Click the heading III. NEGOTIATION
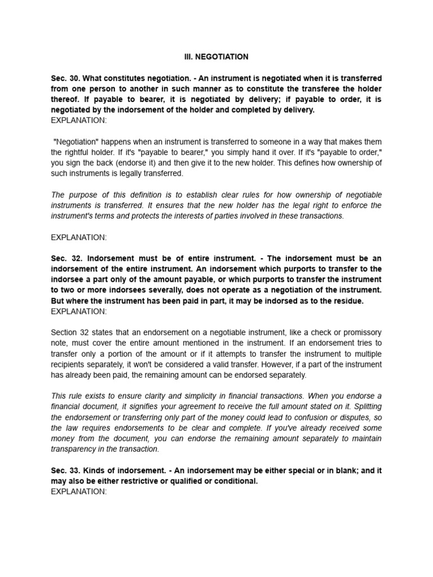pyautogui.click(x=216, y=57)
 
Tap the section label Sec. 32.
pyautogui.click(x=65, y=258)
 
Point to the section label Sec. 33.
pyautogui.click(x=65, y=470)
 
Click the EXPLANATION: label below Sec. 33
pyautogui.click(x=78, y=491)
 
